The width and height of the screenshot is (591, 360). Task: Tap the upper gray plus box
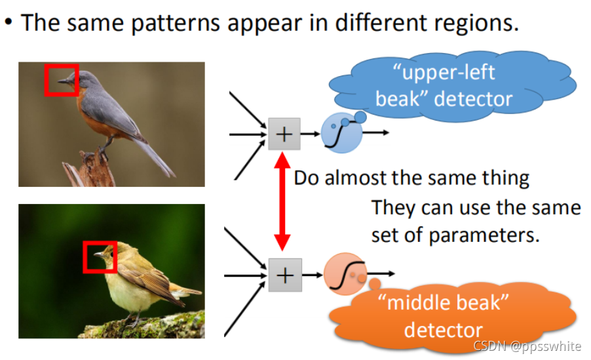pos(284,134)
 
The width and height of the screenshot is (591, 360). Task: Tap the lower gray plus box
pos(284,275)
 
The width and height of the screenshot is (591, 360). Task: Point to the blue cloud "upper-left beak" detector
pos(452,86)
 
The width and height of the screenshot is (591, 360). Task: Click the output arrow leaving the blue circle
pos(376,133)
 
